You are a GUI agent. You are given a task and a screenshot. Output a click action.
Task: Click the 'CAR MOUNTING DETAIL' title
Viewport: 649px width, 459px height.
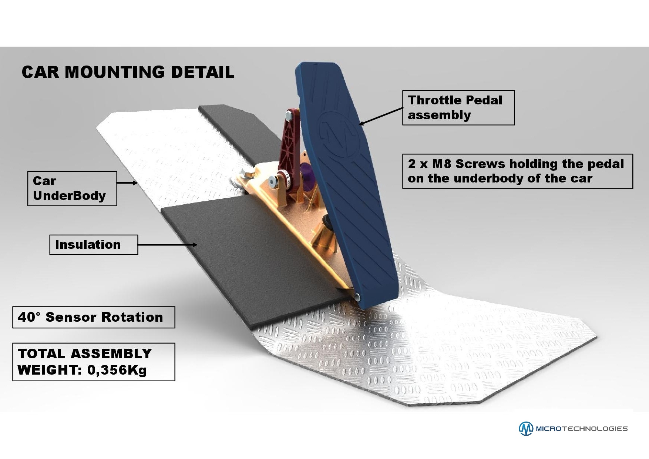pos(128,72)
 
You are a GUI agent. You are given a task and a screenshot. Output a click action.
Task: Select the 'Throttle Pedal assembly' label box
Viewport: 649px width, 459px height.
pos(458,107)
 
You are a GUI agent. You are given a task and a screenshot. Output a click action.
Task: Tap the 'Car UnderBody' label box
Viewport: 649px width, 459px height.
pos(72,188)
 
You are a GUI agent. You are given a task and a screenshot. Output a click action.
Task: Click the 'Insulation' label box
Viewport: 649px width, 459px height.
pos(94,244)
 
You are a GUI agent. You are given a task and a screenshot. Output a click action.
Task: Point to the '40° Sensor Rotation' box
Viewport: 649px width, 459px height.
pos(93,317)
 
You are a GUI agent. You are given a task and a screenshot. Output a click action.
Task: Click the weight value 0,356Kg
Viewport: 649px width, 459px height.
pos(117,370)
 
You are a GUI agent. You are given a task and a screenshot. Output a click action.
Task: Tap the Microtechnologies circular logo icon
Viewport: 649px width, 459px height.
pos(526,428)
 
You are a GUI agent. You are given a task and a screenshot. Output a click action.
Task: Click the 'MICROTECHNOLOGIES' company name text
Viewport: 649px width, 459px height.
pos(582,429)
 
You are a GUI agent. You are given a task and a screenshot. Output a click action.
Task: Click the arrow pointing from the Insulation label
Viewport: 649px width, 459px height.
pos(167,244)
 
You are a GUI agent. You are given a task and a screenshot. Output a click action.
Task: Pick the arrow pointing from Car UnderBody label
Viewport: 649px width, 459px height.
pos(127,182)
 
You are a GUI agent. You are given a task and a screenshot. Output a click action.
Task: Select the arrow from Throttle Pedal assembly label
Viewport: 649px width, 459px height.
pos(381,116)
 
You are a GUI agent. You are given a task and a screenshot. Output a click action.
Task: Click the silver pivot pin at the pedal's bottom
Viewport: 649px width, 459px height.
pos(357,296)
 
